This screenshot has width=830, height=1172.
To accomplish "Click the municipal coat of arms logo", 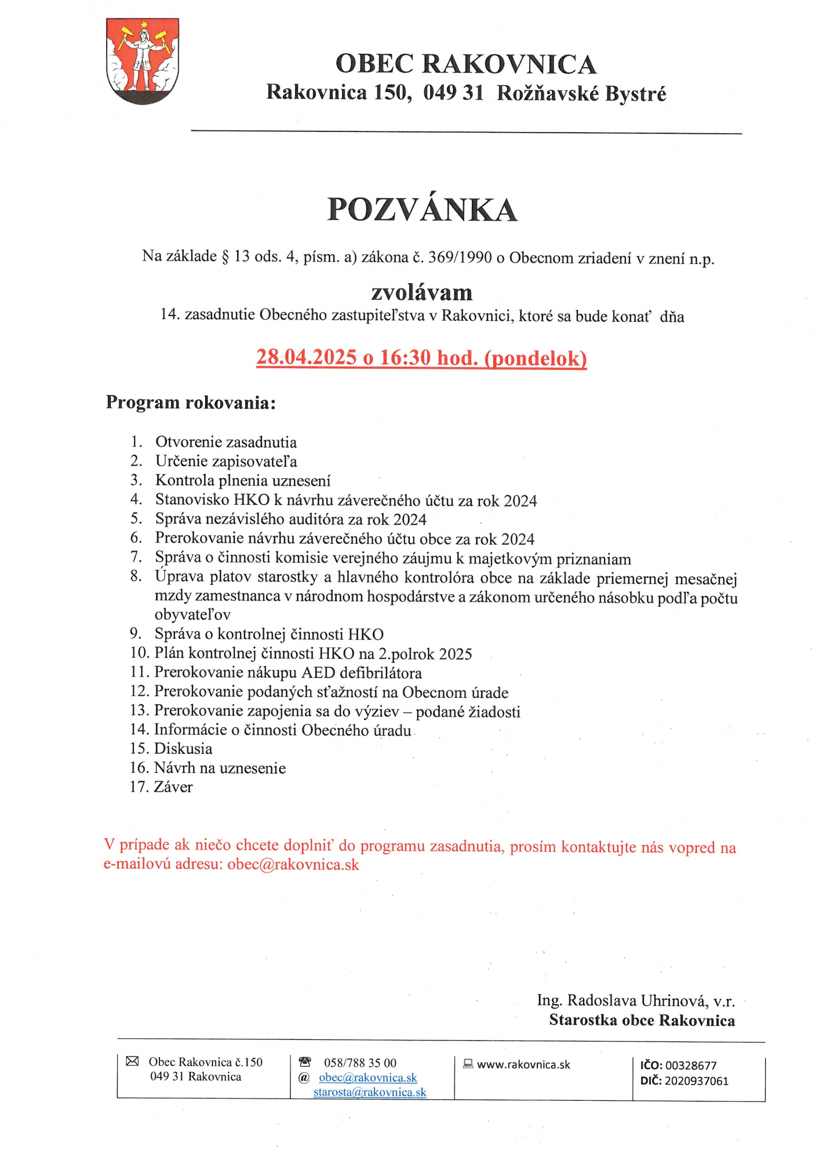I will (142, 61).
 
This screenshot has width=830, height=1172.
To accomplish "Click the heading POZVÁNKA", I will (422, 210).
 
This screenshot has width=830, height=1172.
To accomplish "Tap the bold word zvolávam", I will (421, 292).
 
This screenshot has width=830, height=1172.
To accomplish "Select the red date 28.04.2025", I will (306, 357).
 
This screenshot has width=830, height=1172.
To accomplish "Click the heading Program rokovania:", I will (190, 402).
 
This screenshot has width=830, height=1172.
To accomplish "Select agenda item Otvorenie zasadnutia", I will (225, 442).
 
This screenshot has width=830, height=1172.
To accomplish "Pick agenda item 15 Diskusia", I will (183, 749).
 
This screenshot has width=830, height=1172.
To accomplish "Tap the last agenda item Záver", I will (173, 787).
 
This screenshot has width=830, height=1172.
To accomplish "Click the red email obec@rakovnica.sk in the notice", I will (293, 865).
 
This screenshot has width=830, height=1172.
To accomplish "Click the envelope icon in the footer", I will (132, 1061).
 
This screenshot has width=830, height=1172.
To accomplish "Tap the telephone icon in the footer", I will (304, 1062).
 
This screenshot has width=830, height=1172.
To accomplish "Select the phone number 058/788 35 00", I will (360, 1063).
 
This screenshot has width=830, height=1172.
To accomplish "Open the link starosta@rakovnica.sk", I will (370, 1092).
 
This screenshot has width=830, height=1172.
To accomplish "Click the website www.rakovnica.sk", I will (523, 1064).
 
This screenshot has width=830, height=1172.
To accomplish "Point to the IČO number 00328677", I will (691, 1065).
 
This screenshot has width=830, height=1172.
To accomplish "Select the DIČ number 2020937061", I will (696, 1081).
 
